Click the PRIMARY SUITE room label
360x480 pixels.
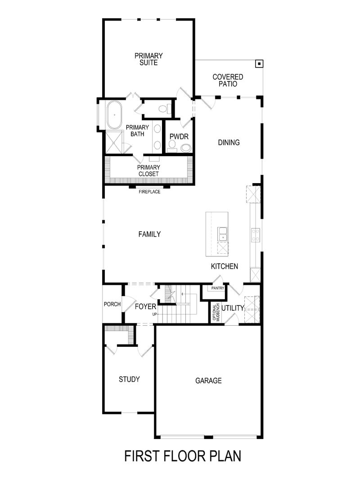(148, 59)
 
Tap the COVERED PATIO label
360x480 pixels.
(228, 81)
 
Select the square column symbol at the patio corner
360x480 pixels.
(259, 64)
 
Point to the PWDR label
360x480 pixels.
(178, 137)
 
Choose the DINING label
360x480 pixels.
(229, 143)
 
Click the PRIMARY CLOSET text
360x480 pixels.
(148, 170)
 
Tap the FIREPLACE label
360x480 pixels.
(149, 192)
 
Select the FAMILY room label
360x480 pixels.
(149, 234)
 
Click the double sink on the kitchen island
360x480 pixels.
(223, 233)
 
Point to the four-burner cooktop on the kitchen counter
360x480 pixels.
(255, 233)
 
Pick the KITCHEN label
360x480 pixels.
(225, 266)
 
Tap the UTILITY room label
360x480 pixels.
(232, 308)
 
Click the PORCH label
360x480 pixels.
(112, 304)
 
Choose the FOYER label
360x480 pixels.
(145, 308)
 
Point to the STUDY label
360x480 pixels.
(129, 379)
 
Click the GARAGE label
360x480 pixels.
(208, 381)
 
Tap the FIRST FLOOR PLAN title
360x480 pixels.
(182, 456)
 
